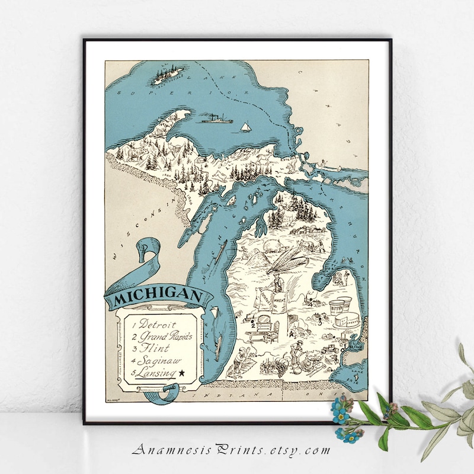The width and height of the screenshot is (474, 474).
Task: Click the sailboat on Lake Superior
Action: click(x=244, y=127)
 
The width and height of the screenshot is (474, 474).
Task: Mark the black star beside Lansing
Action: click(x=181, y=372)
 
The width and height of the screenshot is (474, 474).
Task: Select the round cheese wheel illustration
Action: click(x=346, y=321)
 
